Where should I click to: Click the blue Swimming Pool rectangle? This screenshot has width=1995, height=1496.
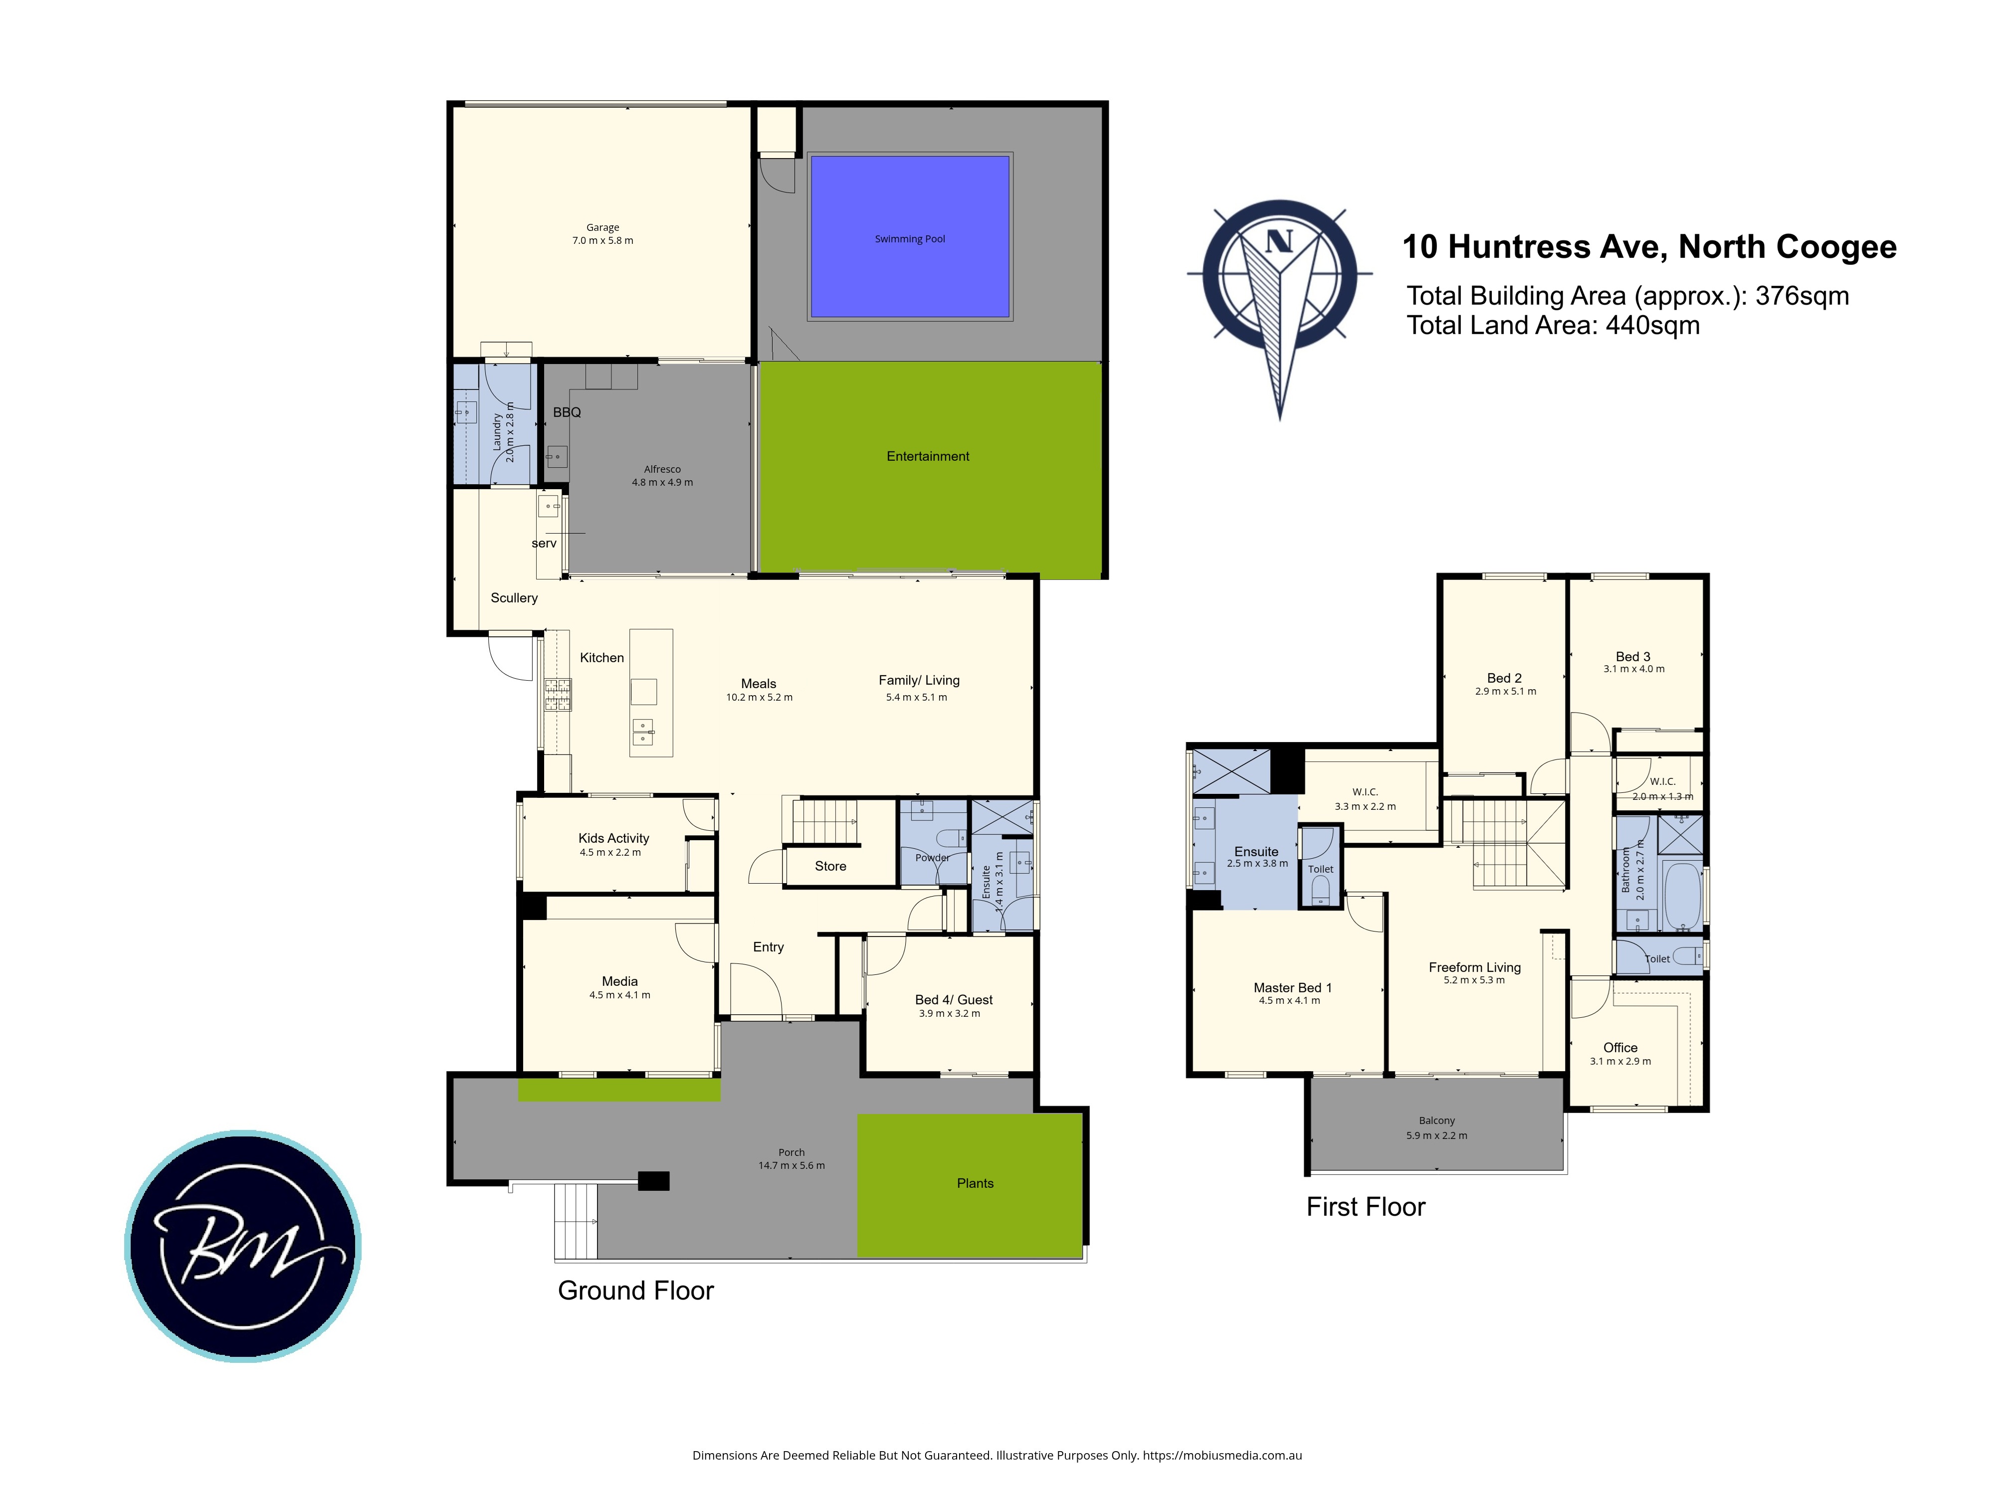point(910,236)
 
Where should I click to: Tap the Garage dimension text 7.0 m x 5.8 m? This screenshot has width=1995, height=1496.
point(602,241)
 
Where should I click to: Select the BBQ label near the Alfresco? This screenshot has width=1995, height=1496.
point(567,412)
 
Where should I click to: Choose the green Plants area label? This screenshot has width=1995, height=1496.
point(975,1183)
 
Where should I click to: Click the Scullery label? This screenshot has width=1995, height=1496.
point(514,598)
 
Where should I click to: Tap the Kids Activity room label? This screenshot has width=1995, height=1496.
point(613,838)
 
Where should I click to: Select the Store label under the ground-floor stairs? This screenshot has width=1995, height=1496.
point(830,866)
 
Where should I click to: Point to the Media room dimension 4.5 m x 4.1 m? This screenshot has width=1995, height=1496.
point(619,995)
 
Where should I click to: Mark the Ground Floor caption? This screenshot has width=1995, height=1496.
point(636,1291)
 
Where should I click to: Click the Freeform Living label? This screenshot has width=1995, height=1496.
point(1475,967)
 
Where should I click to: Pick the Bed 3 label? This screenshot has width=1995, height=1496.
point(1633,656)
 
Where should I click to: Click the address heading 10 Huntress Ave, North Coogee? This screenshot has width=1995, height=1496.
point(1649,246)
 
